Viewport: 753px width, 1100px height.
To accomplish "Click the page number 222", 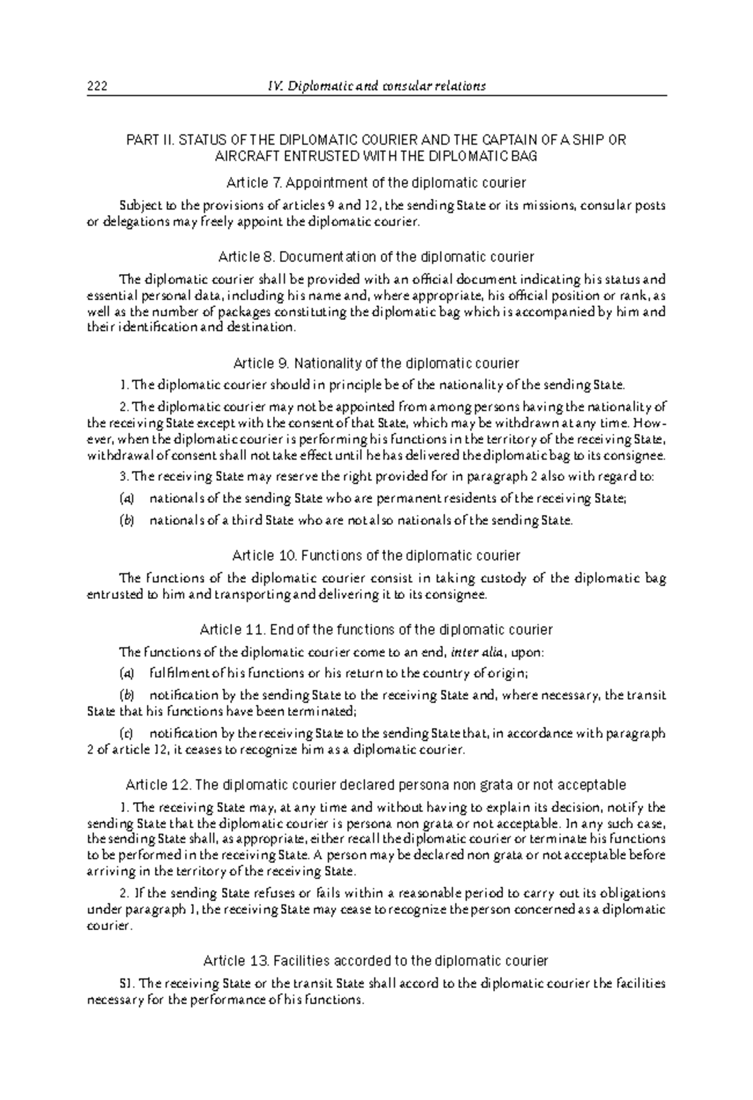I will click(97, 87).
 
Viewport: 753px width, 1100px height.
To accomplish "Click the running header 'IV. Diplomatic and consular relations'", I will click(376, 87).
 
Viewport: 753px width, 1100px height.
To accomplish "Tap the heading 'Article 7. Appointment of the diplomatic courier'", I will click(376, 182).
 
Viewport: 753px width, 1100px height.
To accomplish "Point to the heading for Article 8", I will click(376, 256).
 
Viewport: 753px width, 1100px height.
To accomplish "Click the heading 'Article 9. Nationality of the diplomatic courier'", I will click(376, 363).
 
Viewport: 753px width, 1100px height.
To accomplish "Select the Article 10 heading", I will click(376, 555).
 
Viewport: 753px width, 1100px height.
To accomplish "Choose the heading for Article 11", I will click(376, 629).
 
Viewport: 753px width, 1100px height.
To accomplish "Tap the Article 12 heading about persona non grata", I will click(376, 785).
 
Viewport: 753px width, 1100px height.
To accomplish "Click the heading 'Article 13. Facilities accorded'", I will click(376, 960).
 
